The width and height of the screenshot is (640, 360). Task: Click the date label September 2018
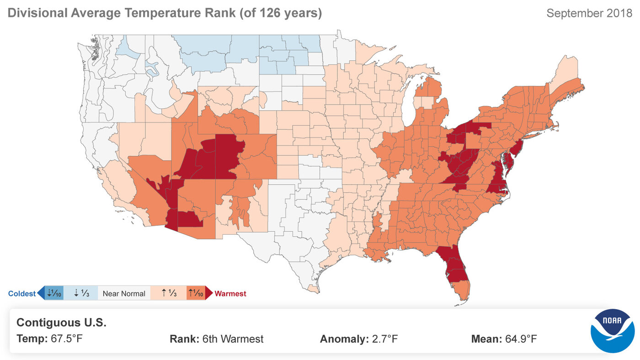pyautogui.click(x=588, y=13)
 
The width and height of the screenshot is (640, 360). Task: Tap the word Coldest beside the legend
pyautogui.click(x=21, y=294)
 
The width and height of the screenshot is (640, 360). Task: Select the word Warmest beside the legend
pyautogui.click(x=230, y=294)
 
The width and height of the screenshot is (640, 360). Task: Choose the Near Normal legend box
pyautogui.click(x=124, y=293)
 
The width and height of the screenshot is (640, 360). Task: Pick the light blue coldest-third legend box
pyautogui.click(x=81, y=293)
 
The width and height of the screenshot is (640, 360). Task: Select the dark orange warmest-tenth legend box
pyautogui.click(x=195, y=293)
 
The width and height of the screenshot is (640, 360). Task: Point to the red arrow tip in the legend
pyautogui.click(x=209, y=293)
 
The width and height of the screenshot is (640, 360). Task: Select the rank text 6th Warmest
pyautogui.click(x=233, y=339)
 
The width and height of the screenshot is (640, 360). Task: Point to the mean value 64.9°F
pyautogui.click(x=521, y=339)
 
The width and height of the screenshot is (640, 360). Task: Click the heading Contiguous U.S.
pyautogui.click(x=61, y=323)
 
